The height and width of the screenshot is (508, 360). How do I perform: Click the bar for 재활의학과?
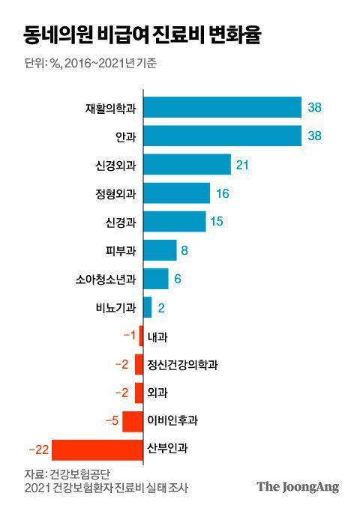coord(222,107)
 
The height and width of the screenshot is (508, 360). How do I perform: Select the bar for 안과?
coord(222,136)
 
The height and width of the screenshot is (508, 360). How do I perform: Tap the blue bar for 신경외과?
coord(187,164)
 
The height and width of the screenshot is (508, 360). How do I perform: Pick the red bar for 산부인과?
coord(97,450)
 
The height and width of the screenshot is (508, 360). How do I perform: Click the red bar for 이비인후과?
coord(133,421)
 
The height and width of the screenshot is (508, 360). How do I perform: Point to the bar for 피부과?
coord(160,250)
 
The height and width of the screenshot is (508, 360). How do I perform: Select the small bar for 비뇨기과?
coord(148,307)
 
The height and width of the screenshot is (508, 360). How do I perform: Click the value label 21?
coord(242,164)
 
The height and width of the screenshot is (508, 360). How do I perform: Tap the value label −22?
coord(38,450)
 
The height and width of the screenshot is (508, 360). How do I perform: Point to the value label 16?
coord(222,193)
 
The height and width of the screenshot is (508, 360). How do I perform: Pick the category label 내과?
coord(157,336)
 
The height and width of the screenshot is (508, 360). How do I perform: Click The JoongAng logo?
coord(298,487)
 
